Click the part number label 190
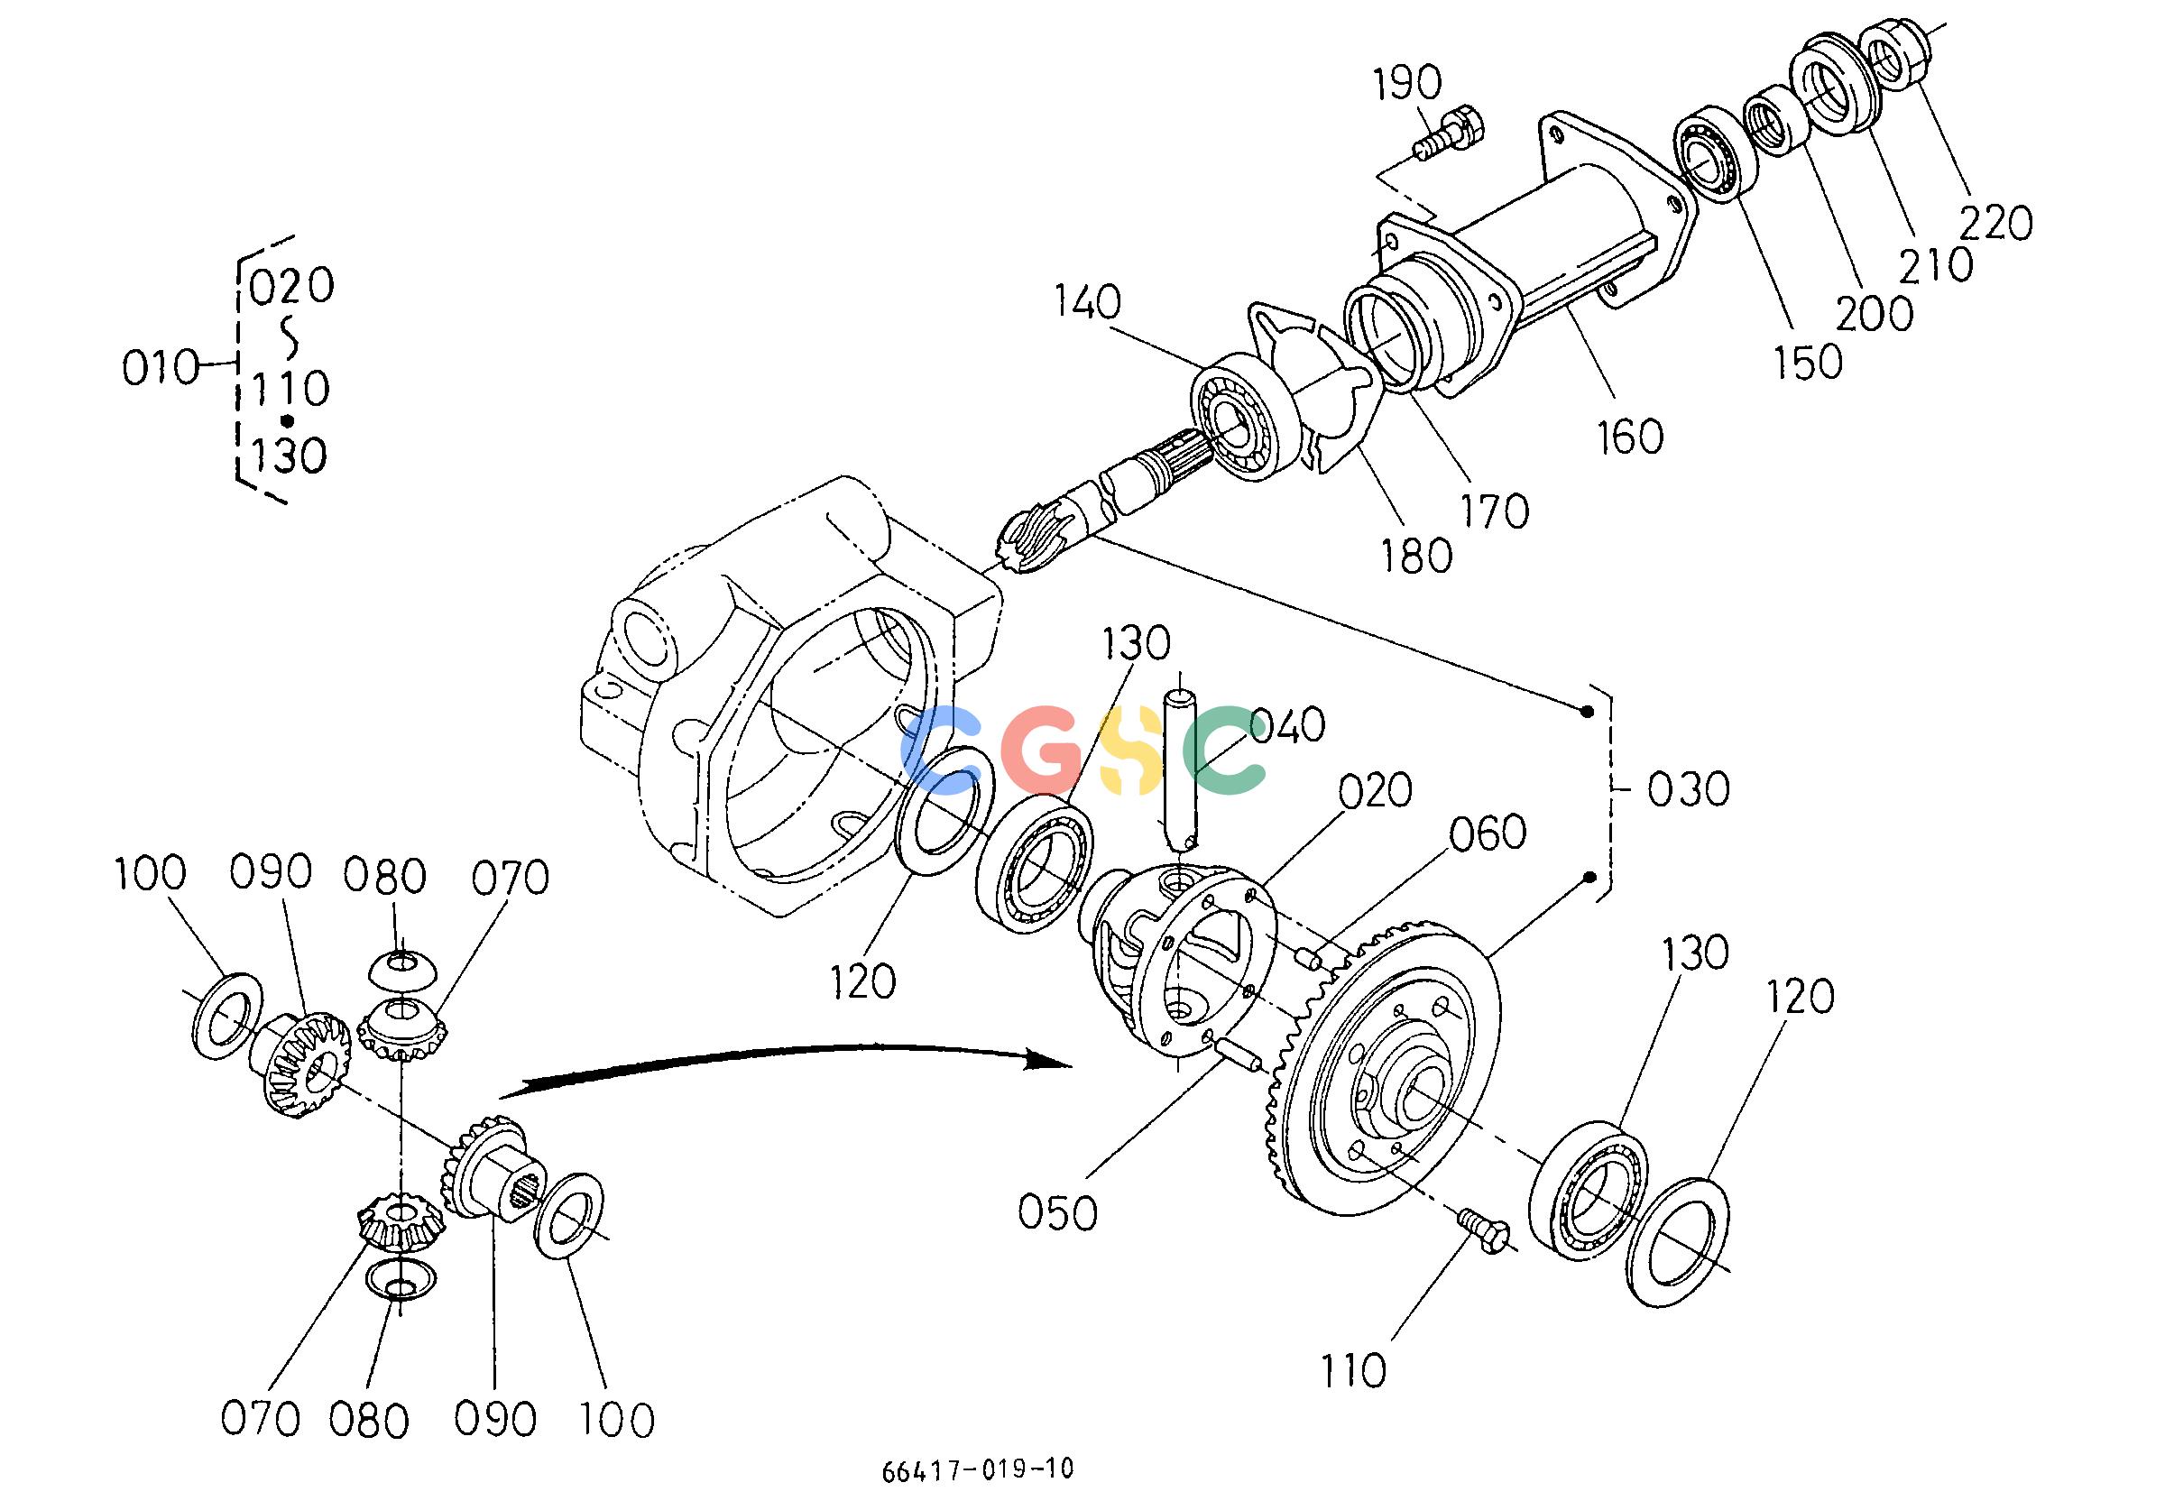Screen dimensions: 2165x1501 tap(1407, 84)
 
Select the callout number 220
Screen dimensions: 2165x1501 tap(1995, 224)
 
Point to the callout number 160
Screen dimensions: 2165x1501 tap(1629, 437)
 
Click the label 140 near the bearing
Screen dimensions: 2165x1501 tap(1087, 302)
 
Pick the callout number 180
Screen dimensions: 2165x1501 tap(1415, 556)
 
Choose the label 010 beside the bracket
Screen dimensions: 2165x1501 tap(161, 367)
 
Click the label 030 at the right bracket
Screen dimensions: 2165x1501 tap(1688, 790)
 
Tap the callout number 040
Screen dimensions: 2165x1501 tap(1287, 725)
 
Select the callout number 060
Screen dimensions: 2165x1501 tap(1488, 833)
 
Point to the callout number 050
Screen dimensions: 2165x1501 tap(1057, 1213)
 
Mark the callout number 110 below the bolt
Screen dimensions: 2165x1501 tap(1353, 1371)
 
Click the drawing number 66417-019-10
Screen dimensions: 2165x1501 tap(977, 1469)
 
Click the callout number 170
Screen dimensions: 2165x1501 tap(1495, 511)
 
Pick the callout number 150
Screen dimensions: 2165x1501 tap(1808, 362)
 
